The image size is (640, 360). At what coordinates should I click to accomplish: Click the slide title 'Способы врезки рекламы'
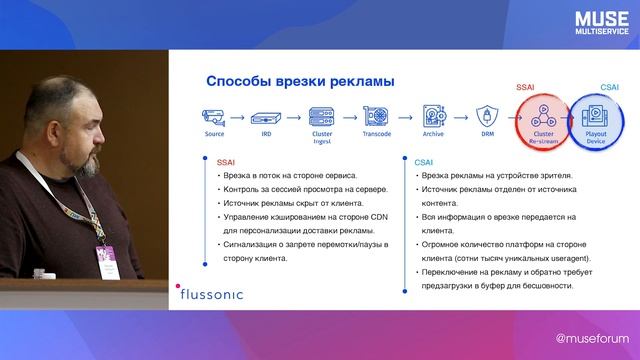coord(300,81)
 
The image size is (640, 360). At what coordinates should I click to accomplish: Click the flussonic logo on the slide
coord(211,294)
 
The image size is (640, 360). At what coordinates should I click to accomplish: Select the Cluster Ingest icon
coord(321,115)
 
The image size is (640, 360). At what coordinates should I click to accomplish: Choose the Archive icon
coord(433,115)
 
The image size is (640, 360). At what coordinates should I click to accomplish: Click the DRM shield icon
coord(488,115)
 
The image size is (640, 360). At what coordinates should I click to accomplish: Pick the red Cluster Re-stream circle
coord(544,119)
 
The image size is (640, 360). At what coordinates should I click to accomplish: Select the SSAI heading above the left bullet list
coord(226,159)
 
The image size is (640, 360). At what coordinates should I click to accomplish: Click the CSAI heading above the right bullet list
coord(423,159)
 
